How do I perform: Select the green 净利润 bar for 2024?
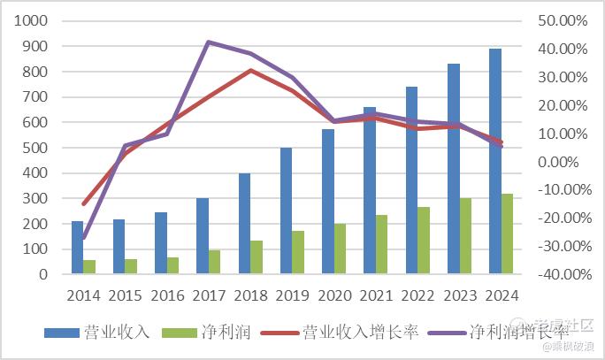(507, 234)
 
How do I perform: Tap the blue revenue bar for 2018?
(244, 224)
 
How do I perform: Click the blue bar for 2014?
(78, 248)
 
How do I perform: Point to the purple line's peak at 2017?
(208, 42)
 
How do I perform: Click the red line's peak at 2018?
(250, 70)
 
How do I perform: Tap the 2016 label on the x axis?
(168, 295)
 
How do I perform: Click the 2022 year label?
(418, 295)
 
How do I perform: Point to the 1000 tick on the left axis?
(33, 20)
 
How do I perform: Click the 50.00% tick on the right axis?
(563, 20)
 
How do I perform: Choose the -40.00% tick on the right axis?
(561, 274)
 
